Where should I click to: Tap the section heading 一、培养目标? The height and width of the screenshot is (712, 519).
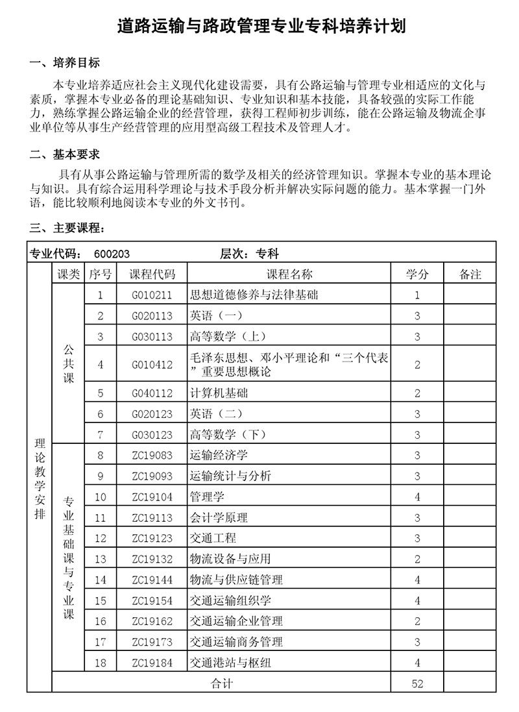click(65, 63)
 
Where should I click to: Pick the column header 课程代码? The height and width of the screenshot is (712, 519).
click(152, 274)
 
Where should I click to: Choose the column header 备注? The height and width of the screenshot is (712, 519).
click(470, 274)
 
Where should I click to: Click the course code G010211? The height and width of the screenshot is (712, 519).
click(152, 295)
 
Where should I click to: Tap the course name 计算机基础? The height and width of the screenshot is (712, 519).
click(219, 393)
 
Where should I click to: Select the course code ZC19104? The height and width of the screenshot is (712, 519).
click(152, 497)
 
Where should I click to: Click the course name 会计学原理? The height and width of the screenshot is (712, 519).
click(219, 518)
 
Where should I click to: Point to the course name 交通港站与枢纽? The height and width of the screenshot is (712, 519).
click(230, 663)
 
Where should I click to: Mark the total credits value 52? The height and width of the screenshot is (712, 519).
click(417, 683)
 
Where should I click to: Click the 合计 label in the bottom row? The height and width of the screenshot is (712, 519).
click(222, 683)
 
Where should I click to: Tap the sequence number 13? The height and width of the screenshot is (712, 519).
click(101, 559)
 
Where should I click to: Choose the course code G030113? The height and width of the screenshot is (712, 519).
click(152, 336)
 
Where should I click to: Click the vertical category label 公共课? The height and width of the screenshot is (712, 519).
click(68, 364)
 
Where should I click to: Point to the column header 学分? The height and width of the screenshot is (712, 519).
click(417, 274)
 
